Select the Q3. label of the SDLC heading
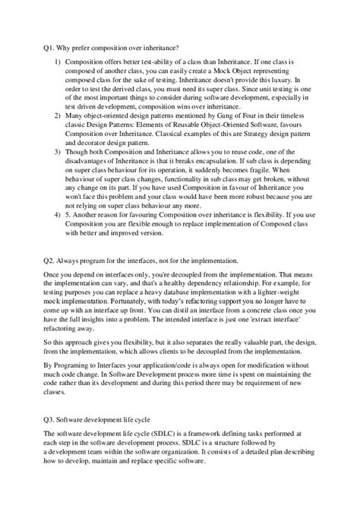pos(49,418)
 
